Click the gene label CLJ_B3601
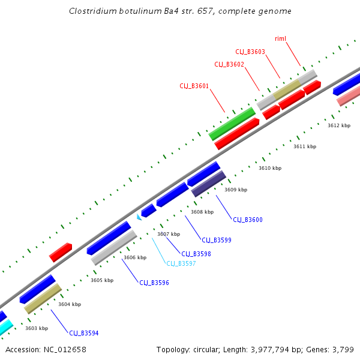(194, 86)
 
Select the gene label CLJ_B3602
(229, 64)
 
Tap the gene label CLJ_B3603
(250, 52)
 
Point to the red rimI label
(280, 38)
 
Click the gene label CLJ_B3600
(248, 220)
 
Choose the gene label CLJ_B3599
(217, 240)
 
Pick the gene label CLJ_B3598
(196, 254)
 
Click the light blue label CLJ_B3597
(181, 263)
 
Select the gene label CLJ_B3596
(154, 283)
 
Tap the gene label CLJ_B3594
(84, 333)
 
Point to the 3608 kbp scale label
(202, 212)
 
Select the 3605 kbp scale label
(102, 280)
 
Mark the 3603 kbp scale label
(37, 328)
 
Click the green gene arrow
(232, 124)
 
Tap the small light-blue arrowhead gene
(139, 216)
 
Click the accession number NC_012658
(64, 349)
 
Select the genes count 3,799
(342, 349)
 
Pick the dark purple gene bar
(209, 184)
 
